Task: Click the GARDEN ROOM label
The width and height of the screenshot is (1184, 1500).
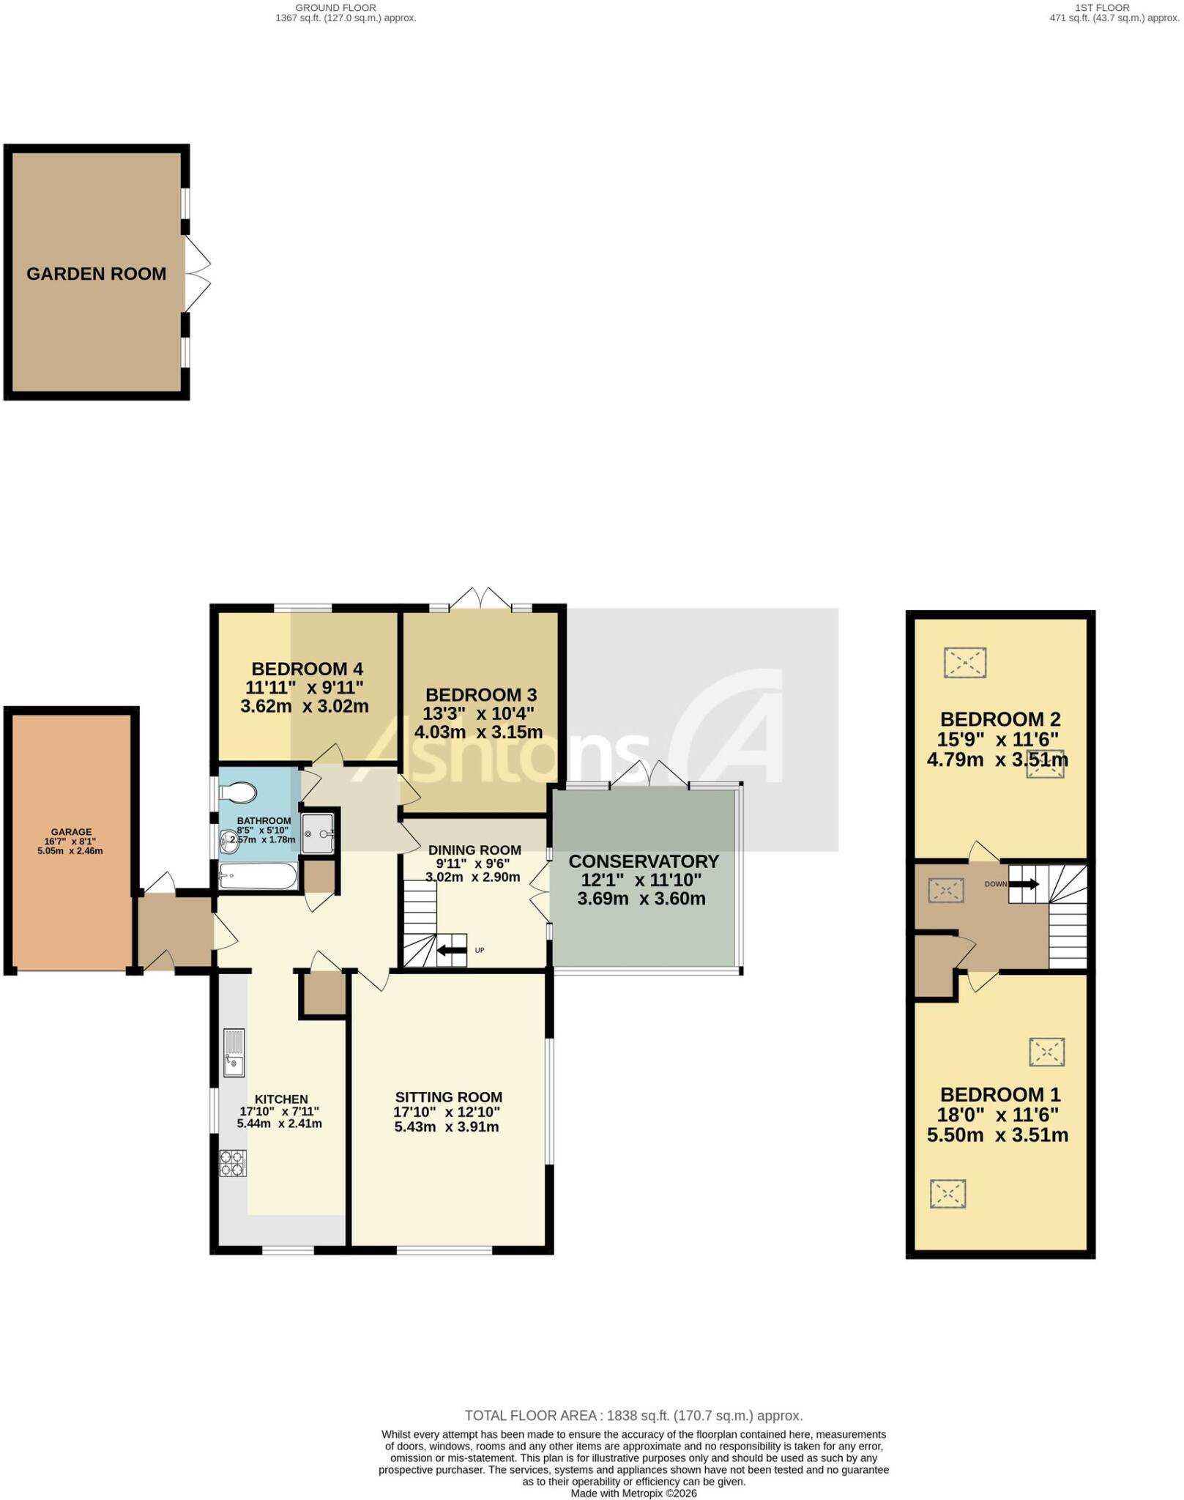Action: pyautogui.click(x=97, y=274)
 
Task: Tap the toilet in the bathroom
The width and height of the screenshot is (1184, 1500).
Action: pyautogui.click(x=238, y=791)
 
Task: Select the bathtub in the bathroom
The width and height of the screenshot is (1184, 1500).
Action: pyautogui.click(x=258, y=876)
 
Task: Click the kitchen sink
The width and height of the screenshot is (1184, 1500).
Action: pyautogui.click(x=234, y=1052)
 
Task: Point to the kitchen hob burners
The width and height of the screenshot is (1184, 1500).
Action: pyautogui.click(x=233, y=1163)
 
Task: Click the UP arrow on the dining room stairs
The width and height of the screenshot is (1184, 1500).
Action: pyautogui.click(x=452, y=951)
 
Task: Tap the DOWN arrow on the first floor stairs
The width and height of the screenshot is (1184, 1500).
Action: pyautogui.click(x=1024, y=884)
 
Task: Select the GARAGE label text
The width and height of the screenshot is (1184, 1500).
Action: pyautogui.click(x=71, y=832)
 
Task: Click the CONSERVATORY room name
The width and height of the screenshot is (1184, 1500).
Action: pyautogui.click(x=644, y=861)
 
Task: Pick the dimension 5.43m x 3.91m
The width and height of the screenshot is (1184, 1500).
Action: pyautogui.click(x=447, y=1126)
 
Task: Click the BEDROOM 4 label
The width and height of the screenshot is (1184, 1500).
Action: pyautogui.click(x=307, y=669)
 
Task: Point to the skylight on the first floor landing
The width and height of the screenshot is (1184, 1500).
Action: pyautogui.click(x=945, y=891)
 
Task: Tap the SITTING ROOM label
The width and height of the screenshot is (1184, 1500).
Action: pyautogui.click(x=449, y=1097)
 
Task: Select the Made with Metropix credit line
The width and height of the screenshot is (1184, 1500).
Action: pyautogui.click(x=633, y=1493)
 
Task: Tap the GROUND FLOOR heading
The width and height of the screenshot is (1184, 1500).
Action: pyautogui.click(x=336, y=8)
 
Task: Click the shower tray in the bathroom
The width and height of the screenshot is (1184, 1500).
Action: pyautogui.click(x=318, y=833)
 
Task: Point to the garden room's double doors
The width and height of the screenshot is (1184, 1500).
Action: pyautogui.click(x=198, y=274)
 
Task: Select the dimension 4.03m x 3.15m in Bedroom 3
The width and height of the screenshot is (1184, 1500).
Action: pyautogui.click(x=479, y=732)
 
